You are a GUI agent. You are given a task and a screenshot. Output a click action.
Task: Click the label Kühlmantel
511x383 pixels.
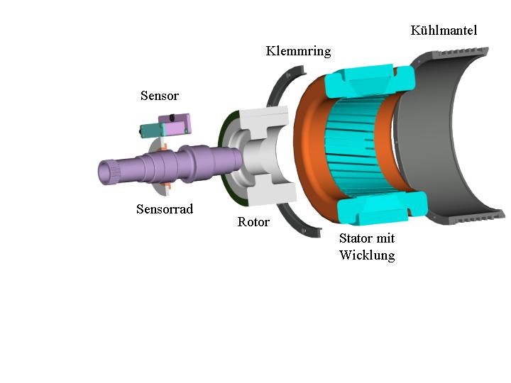444,30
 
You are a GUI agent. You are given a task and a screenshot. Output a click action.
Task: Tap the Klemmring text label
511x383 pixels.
298,51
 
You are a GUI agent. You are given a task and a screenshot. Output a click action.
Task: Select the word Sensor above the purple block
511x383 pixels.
160,96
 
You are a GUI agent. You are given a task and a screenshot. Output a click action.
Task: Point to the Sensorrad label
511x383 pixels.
165,209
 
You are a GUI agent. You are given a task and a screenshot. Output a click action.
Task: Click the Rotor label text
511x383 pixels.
253,222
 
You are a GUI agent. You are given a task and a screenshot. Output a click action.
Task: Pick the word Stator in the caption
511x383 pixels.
355,238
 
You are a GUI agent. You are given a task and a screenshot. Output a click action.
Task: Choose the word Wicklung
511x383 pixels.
367,255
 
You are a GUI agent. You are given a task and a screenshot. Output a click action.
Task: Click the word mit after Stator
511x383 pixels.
385,238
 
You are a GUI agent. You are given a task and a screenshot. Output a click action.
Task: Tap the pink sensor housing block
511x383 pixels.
175,124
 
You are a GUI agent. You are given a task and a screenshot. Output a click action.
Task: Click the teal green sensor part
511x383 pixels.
152,131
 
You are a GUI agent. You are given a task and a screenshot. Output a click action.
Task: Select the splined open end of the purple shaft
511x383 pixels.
106,172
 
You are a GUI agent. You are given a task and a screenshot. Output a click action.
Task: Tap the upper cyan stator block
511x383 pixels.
370,81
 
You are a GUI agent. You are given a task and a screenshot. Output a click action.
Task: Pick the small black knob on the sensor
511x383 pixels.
172,116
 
